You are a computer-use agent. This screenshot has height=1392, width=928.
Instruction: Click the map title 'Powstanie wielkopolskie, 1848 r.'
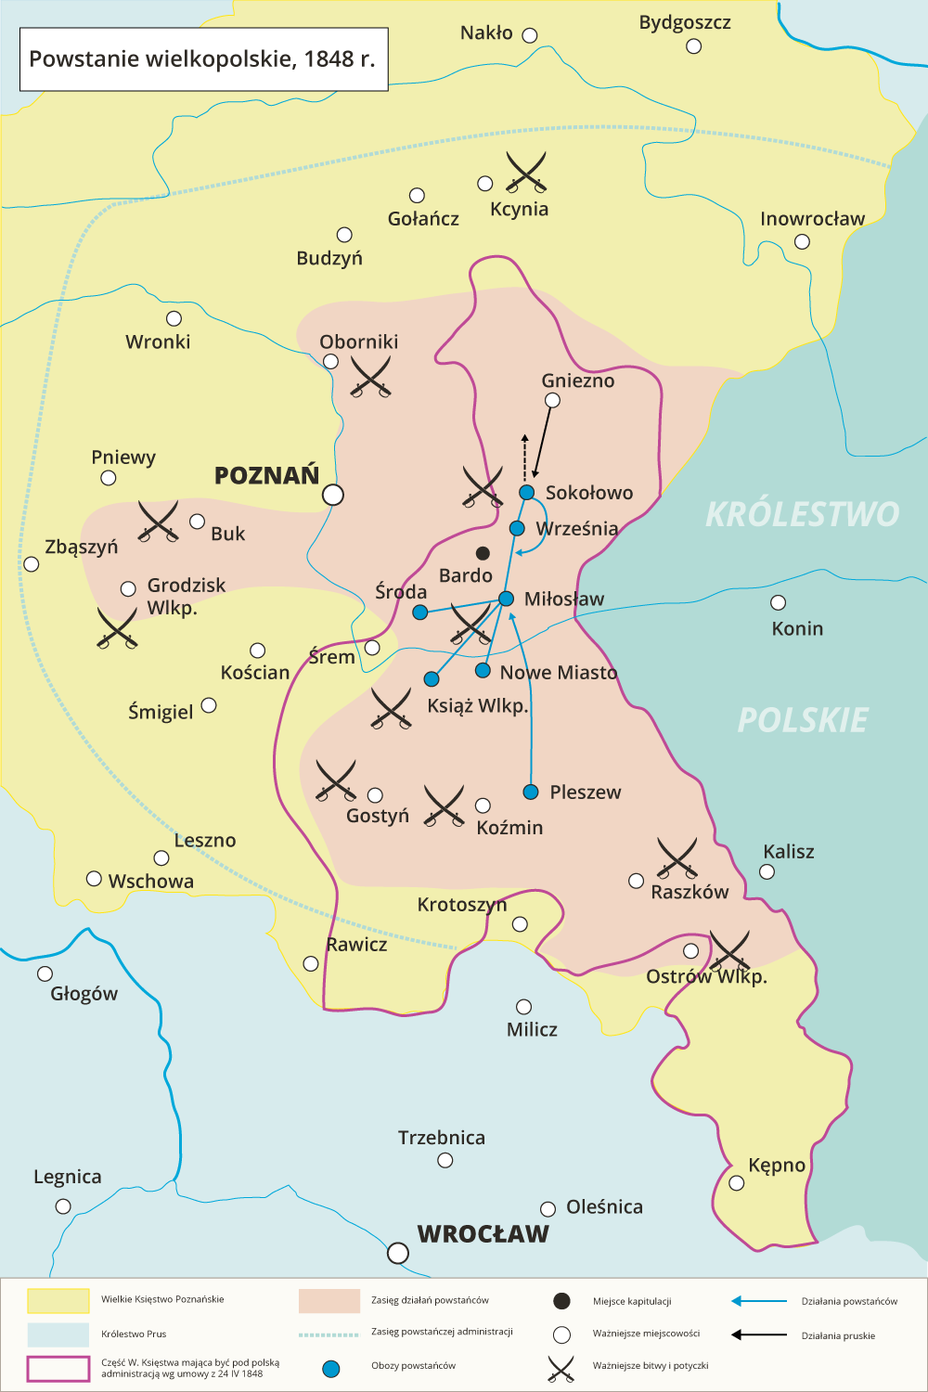coord(202,59)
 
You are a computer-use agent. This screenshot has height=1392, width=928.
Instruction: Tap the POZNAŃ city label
coord(266,476)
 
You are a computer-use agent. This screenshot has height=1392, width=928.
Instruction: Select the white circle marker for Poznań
coord(332,495)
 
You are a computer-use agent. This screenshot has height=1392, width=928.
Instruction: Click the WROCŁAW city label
coord(483,1234)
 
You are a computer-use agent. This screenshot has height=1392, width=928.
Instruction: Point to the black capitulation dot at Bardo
coord(483,553)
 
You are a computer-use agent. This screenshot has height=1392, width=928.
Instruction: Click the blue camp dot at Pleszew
coord(531,792)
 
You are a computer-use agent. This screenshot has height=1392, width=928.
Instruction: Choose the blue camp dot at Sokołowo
coord(526,492)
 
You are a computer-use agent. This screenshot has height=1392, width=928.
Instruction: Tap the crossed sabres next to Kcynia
coord(526,172)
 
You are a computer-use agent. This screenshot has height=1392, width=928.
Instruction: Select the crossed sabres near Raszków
coord(677,857)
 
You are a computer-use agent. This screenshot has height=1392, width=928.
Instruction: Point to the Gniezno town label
coord(577,380)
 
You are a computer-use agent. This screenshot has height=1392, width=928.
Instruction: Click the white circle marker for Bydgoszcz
coord(693,46)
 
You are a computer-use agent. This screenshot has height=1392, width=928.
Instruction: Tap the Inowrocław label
coord(812,219)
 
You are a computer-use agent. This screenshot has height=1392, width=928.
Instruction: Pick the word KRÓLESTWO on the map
coord(802,514)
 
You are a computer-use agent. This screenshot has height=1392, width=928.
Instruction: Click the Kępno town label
coord(777,1166)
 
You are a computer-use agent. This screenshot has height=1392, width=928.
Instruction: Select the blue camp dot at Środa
coord(419,612)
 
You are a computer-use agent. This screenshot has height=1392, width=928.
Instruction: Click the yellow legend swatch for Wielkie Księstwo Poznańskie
coord(58,1301)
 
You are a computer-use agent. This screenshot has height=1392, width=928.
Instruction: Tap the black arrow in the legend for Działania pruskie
coord(758,1335)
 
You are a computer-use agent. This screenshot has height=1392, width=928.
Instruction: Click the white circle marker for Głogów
coord(45,973)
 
